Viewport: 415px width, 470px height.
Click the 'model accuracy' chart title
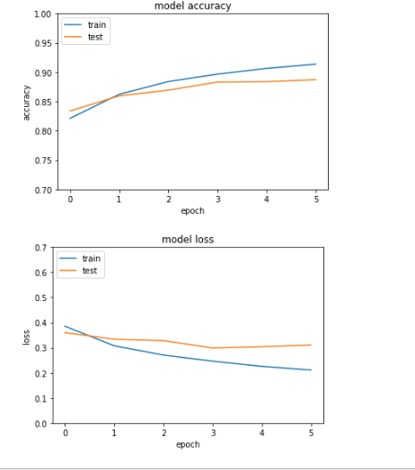pos(192,6)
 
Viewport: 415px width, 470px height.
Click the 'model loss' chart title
pos(188,240)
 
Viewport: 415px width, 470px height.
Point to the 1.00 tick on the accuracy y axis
pos(43,14)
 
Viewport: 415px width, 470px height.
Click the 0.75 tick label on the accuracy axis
pos(43,161)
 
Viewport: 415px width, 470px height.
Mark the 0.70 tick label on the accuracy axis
pos(43,191)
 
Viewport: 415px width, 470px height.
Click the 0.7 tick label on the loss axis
pos(40,248)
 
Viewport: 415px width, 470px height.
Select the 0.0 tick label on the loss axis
pos(40,424)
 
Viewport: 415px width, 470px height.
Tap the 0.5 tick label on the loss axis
pos(40,298)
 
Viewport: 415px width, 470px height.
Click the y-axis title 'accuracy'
pos(26,102)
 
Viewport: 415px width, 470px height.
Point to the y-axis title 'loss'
pos(26,338)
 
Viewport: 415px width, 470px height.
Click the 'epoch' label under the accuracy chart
pos(192,211)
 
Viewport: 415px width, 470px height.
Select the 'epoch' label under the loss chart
pos(188,445)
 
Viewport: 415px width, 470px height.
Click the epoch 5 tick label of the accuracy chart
pos(316,200)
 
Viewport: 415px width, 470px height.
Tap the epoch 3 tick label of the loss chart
pos(214,433)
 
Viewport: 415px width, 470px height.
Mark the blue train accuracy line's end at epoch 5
pos(316,64)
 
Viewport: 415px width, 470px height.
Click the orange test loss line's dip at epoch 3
pos(213,348)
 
